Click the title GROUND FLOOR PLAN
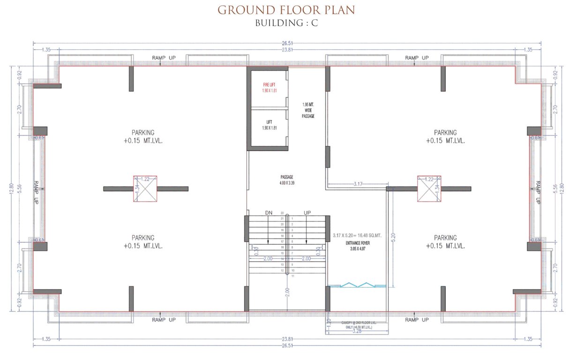coord(286,10)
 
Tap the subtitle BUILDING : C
coord(286,23)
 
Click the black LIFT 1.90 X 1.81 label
coord(269,125)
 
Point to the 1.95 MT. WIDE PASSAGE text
coord(308,110)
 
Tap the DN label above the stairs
coord(269,213)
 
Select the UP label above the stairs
coord(307,213)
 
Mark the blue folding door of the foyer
coord(357,285)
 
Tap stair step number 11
coord(293,277)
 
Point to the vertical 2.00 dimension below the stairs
coord(287,293)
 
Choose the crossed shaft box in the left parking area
coord(145,188)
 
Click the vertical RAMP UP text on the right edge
coord(538,192)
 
